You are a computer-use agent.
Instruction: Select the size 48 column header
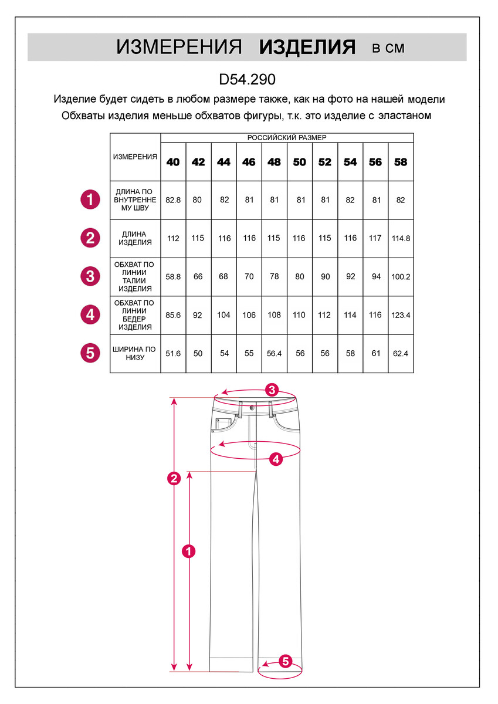(x=274, y=163)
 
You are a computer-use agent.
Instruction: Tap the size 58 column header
(x=401, y=163)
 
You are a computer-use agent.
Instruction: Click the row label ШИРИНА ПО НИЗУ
(x=135, y=353)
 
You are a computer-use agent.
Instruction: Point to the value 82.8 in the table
(x=173, y=200)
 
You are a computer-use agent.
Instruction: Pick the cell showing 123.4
(x=401, y=315)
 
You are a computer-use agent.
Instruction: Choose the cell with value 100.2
(x=401, y=276)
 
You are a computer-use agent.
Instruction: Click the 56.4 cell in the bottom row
(x=274, y=353)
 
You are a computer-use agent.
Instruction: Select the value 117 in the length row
(x=375, y=238)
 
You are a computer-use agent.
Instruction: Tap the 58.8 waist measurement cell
(x=173, y=276)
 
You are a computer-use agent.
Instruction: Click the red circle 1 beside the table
(x=90, y=199)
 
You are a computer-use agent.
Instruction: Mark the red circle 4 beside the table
(x=90, y=314)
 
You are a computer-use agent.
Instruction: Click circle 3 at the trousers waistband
(x=271, y=390)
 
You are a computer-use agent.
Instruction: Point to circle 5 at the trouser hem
(x=285, y=661)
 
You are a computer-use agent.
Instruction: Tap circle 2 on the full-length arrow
(x=174, y=479)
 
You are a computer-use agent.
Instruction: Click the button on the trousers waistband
(x=252, y=407)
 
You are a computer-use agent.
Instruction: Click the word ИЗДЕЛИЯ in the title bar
(x=307, y=48)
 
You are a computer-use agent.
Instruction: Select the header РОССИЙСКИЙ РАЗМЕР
(x=287, y=137)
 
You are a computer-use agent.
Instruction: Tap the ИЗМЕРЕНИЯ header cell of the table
(x=135, y=157)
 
